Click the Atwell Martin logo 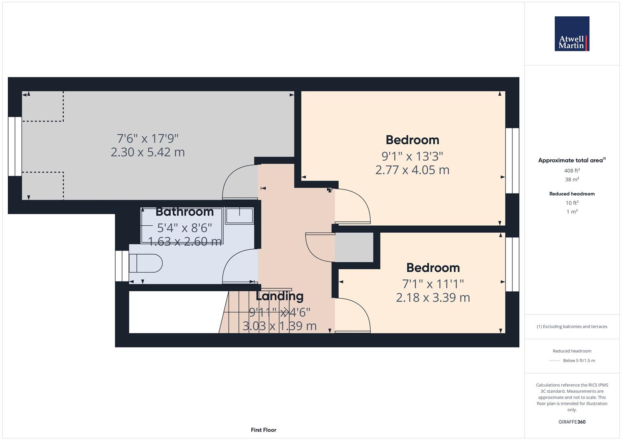[x=571, y=34]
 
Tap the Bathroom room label [x=185, y=212]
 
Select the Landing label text [x=279, y=296]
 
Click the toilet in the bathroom [x=146, y=263]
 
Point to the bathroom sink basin [x=239, y=215]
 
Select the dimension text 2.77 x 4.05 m [x=412, y=170]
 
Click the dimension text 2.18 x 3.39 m [x=433, y=298]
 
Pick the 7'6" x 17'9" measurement [x=147, y=139]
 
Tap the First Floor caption [x=264, y=430]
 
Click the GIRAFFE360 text [x=572, y=422]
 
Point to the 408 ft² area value [x=572, y=171]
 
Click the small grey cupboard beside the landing [x=354, y=247]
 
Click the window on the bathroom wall [x=122, y=266]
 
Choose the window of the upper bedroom [x=512, y=161]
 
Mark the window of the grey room [x=15, y=146]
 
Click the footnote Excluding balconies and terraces [x=572, y=327]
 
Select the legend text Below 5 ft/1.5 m [x=579, y=361]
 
